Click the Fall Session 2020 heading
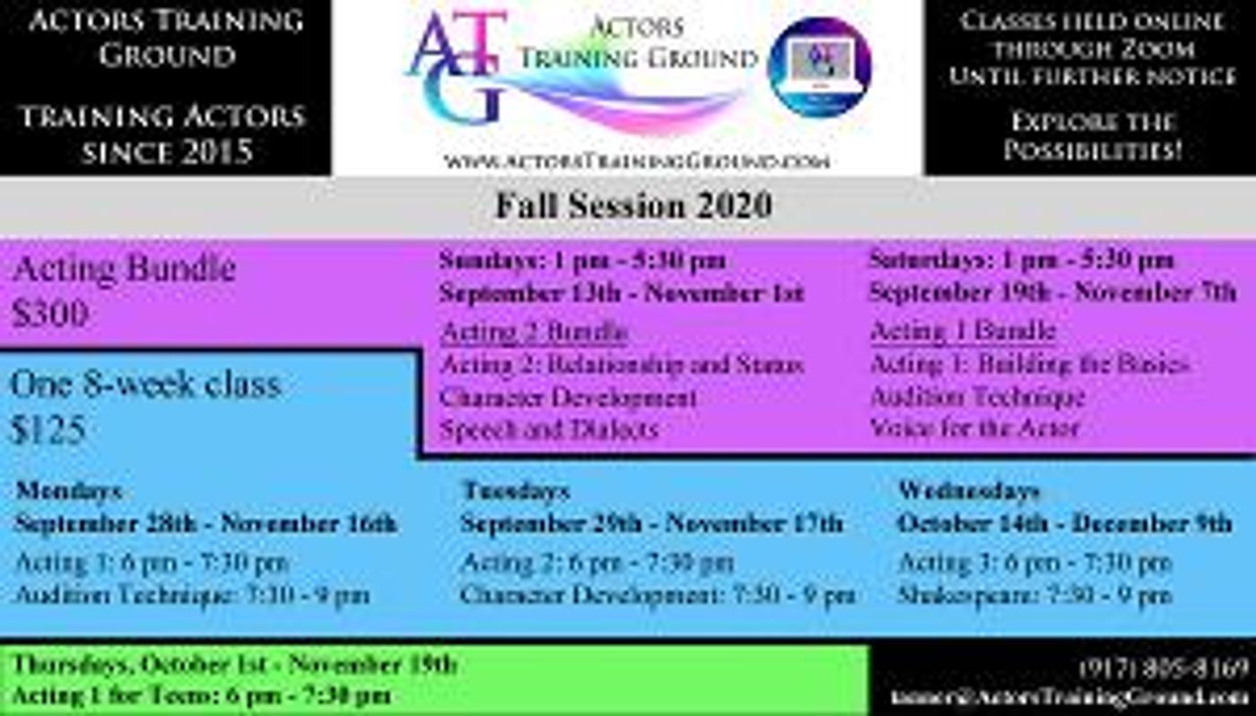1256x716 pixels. (633, 205)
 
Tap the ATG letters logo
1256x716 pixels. (458, 67)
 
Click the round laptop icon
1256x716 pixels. (820, 67)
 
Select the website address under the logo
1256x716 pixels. (635, 161)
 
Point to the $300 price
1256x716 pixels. (50, 314)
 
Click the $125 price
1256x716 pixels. (48, 431)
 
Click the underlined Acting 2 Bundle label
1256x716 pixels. (534, 332)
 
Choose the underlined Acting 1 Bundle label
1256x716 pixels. (963, 331)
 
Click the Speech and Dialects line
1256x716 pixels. (549, 429)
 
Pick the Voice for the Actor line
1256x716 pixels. (974, 427)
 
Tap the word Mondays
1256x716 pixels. (69, 492)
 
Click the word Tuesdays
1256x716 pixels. (516, 492)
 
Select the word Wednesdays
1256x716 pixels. (969, 492)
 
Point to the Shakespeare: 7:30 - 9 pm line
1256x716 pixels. (1034, 594)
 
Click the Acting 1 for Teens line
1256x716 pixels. (201, 695)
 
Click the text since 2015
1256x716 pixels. (166, 152)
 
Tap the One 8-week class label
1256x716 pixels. (145, 385)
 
